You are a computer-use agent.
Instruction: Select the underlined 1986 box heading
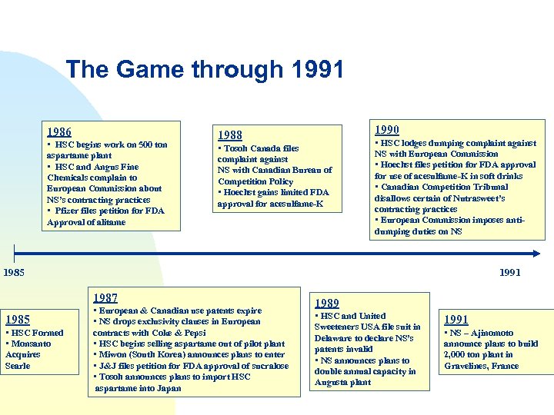pos(59,132)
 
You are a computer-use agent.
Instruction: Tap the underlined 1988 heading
pos(229,135)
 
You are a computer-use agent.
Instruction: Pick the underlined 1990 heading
pos(386,130)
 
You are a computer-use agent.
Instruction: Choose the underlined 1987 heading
pos(105,298)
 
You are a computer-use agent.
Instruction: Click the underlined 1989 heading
pos(327,304)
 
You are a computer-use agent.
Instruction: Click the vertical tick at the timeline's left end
pos(14,254)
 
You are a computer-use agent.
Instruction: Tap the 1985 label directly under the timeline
pos(13,271)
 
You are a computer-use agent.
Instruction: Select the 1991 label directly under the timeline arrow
pos(509,272)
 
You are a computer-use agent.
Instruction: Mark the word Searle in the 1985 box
pos(18,366)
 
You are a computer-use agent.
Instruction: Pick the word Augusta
pos(332,382)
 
